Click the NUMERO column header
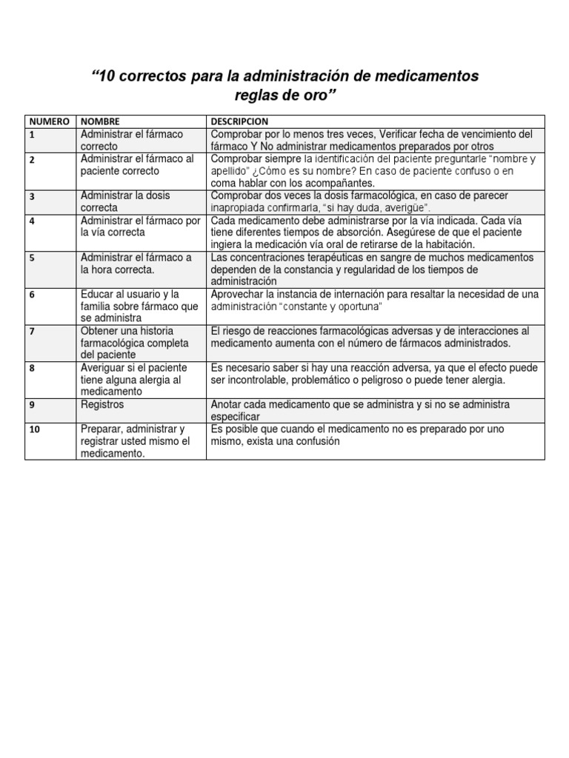point(50,121)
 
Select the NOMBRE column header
point(100,121)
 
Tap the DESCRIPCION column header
point(239,121)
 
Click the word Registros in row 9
point(102,405)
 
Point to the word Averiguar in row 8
point(104,367)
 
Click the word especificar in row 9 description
point(239,417)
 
